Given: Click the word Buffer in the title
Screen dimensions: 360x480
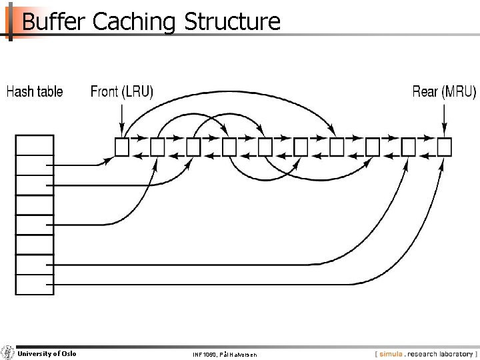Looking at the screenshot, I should pos(54,21).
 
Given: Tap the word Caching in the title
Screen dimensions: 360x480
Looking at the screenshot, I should pos(134,21).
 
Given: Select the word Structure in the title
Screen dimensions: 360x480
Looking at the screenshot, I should pos(232,21).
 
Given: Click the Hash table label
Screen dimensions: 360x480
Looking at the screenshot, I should pos(35,91).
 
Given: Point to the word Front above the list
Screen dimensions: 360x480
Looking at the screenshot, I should pos(105,91).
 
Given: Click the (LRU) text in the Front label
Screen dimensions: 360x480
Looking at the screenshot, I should pos(137,91).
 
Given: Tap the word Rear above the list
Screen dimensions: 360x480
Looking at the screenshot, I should pos(425,91).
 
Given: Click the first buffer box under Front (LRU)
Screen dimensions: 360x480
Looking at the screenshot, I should pos(121,147).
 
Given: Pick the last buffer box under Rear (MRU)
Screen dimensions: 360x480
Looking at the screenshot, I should pos(445,147).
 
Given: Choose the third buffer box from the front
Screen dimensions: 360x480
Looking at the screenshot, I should pos(193,147).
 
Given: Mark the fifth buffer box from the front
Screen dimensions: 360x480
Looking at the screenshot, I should pos(265,147).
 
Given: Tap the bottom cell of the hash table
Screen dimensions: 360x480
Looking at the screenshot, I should pos(35,285).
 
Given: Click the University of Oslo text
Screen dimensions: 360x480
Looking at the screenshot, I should pos(47,353).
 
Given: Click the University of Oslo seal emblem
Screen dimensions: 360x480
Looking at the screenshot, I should pos(8,353).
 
